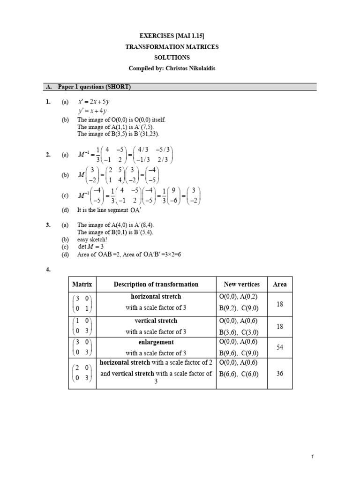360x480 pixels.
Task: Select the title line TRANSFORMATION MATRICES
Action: point(172,47)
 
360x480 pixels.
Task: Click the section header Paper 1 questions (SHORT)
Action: point(94,87)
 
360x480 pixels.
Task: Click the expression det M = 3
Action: point(90,247)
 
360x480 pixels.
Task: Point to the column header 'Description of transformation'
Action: point(156,285)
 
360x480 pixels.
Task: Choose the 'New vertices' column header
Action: point(241,285)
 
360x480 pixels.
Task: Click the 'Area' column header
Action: point(280,285)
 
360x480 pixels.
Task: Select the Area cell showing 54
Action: point(280,348)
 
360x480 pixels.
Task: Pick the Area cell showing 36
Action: point(280,374)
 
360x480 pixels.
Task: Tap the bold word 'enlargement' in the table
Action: point(156,343)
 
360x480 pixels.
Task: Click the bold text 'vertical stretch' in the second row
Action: point(156,321)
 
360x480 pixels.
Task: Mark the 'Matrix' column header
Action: point(82,285)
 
